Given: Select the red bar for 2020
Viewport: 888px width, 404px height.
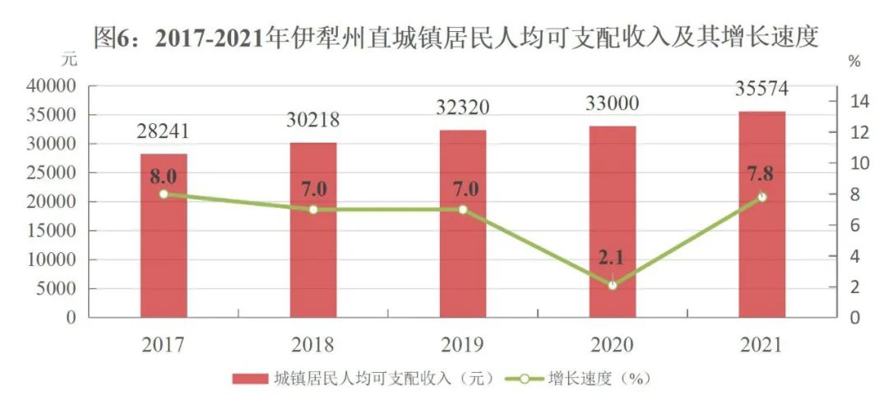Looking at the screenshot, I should (612, 222).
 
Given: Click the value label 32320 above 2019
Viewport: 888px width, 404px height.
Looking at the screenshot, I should (462, 107).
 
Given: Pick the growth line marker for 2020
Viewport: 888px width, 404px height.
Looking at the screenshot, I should (612, 285).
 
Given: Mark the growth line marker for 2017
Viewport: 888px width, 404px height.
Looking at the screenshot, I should (164, 194).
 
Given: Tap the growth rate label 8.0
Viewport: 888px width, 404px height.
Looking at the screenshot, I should (164, 174).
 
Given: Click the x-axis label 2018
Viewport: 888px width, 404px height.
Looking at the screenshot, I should (312, 344).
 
